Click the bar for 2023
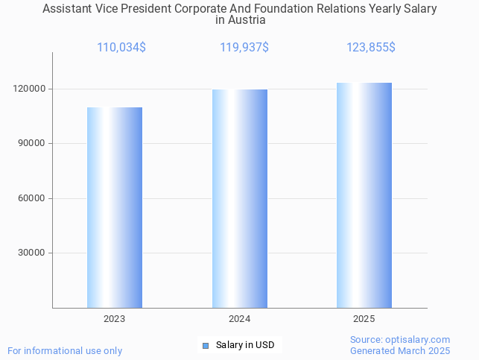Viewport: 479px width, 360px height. [x=115, y=207]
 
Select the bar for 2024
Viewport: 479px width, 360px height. [x=239, y=198]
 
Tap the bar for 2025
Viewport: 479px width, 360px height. [x=364, y=195]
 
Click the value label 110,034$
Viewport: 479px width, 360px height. [x=121, y=48]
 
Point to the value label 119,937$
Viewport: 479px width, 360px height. [x=244, y=48]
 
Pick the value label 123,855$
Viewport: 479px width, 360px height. [x=370, y=48]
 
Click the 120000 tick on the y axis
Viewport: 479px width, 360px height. [x=31, y=89]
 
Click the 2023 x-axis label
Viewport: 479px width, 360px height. [x=115, y=318]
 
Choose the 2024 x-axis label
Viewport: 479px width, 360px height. [x=239, y=318]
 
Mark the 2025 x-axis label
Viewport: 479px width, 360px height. [x=364, y=318]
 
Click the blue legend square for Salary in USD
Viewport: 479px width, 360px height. [x=206, y=345]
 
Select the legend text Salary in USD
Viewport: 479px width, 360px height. [x=245, y=345]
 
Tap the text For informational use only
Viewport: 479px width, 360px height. [x=65, y=350]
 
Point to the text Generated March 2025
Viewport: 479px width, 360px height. [x=400, y=350]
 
